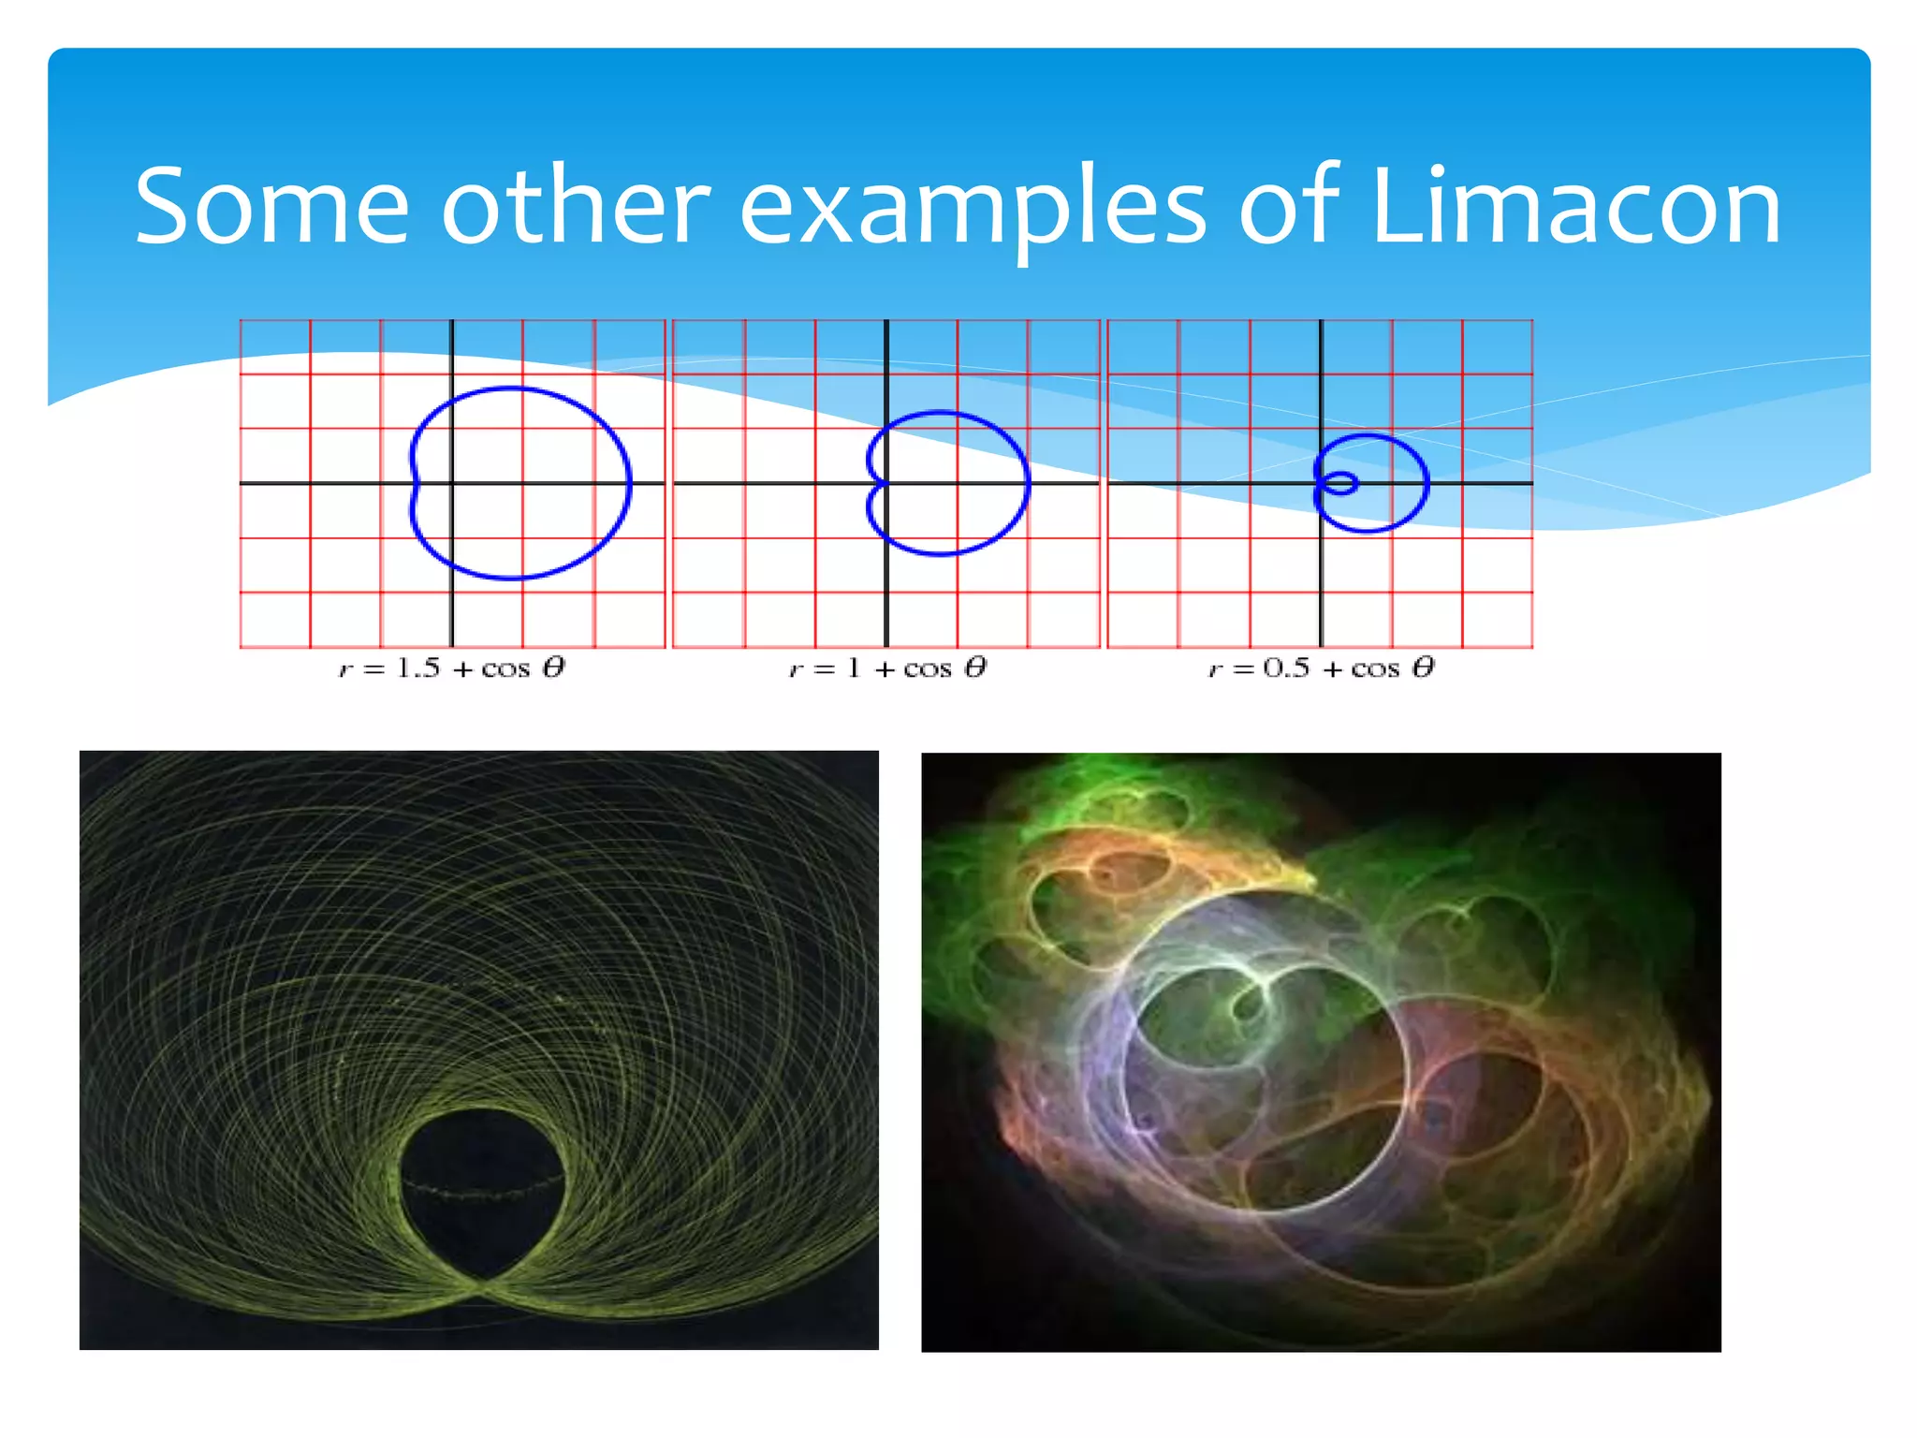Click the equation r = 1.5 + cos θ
click(x=452, y=668)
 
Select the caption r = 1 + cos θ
click(x=887, y=668)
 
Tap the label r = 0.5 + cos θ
click(x=1321, y=668)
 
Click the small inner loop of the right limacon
click(x=1340, y=483)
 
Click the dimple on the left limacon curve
click(x=415, y=483)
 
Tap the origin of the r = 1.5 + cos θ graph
click(x=452, y=483)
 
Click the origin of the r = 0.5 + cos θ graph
click(x=1321, y=483)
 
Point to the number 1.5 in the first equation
click(x=417, y=668)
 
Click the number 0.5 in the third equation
click(x=1286, y=668)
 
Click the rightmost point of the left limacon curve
click(x=630, y=483)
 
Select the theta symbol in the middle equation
click(x=975, y=668)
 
